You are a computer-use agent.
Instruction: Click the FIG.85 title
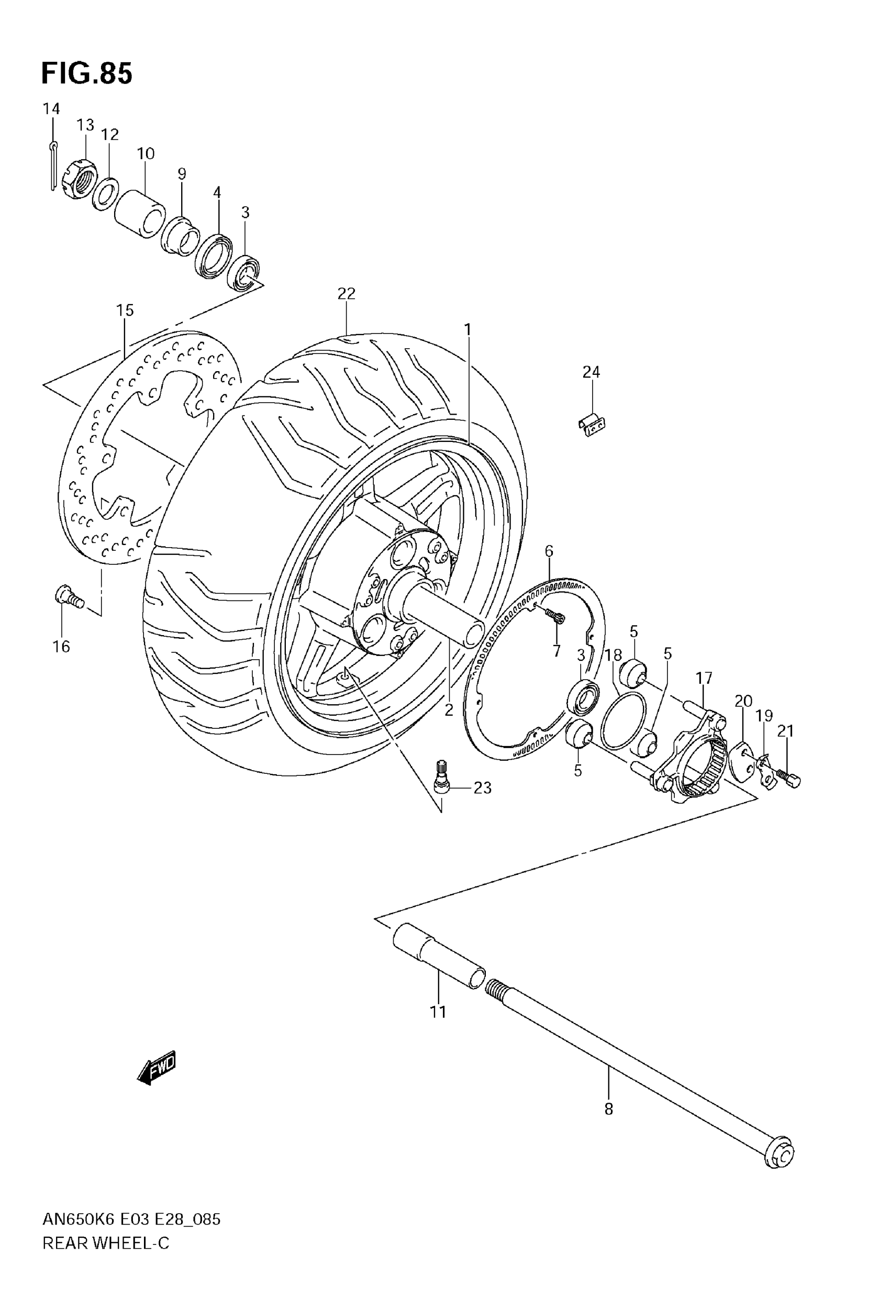pyautogui.click(x=87, y=74)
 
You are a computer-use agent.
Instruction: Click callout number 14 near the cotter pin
pyautogui.click(x=51, y=109)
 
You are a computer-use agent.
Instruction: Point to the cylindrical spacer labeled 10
pyautogui.click(x=140, y=215)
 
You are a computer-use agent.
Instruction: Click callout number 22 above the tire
pyautogui.click(x=346, y=293)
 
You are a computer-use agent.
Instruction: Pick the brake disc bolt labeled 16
pyautogui.click(x=69, y=597)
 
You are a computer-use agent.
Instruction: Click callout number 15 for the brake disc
pyautogui.click(x=125, y=310)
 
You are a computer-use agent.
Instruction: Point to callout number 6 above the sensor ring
pyautogui.click(x=549, y=551)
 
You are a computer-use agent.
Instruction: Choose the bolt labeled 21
pyautogui.click(x=790, y=780)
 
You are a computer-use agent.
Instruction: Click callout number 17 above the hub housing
pyautogui.click(x=704, y=678)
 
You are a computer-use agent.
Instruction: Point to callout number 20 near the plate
pyautogui.click(x=743, y=701)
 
